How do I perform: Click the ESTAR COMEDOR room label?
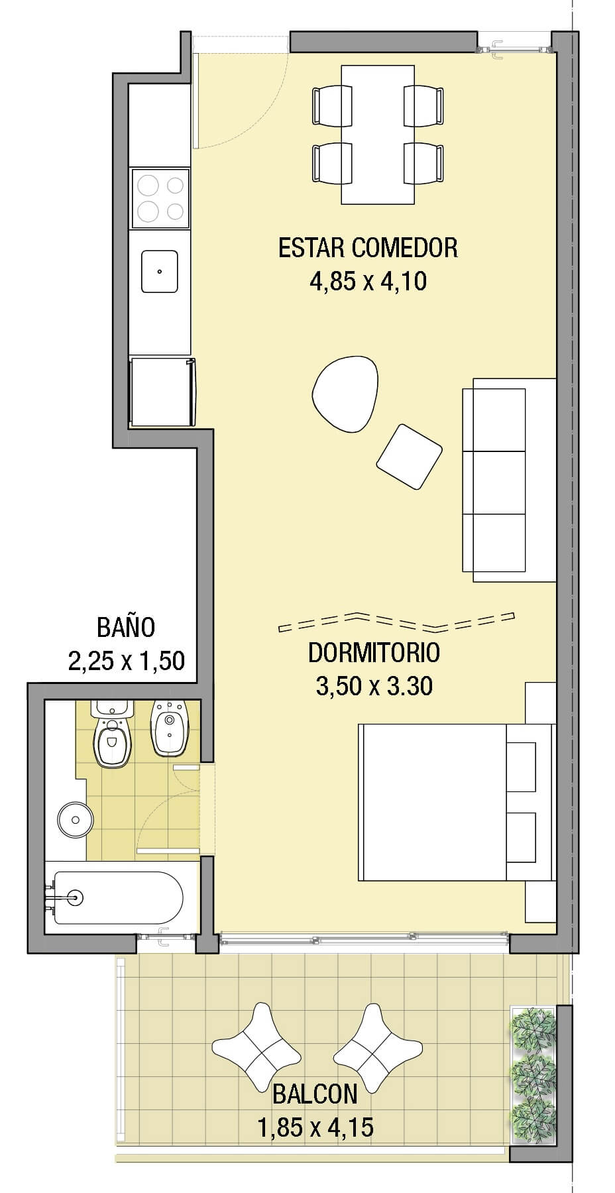(x=368, y=248)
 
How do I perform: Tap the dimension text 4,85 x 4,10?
(x=368, y=282)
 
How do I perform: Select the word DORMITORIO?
(x=374, y=653)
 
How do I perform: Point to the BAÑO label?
(x=126, y=626)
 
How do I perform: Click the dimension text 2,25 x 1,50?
(x=126, y=661)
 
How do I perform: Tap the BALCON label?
(x=315, y=1094)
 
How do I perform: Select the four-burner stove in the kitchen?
(x=160, y=198)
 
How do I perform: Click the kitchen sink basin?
(x=160, y=271)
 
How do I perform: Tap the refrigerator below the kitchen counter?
(x=162, y=392)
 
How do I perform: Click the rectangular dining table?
(x=378, y=135)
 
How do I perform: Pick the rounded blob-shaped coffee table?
(x=345, y=395)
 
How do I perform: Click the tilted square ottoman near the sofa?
(x=409, y=457)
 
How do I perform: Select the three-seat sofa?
(x=508, y=480)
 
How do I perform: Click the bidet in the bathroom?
(x=171, y=727)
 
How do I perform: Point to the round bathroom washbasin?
(x=75, y=820)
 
